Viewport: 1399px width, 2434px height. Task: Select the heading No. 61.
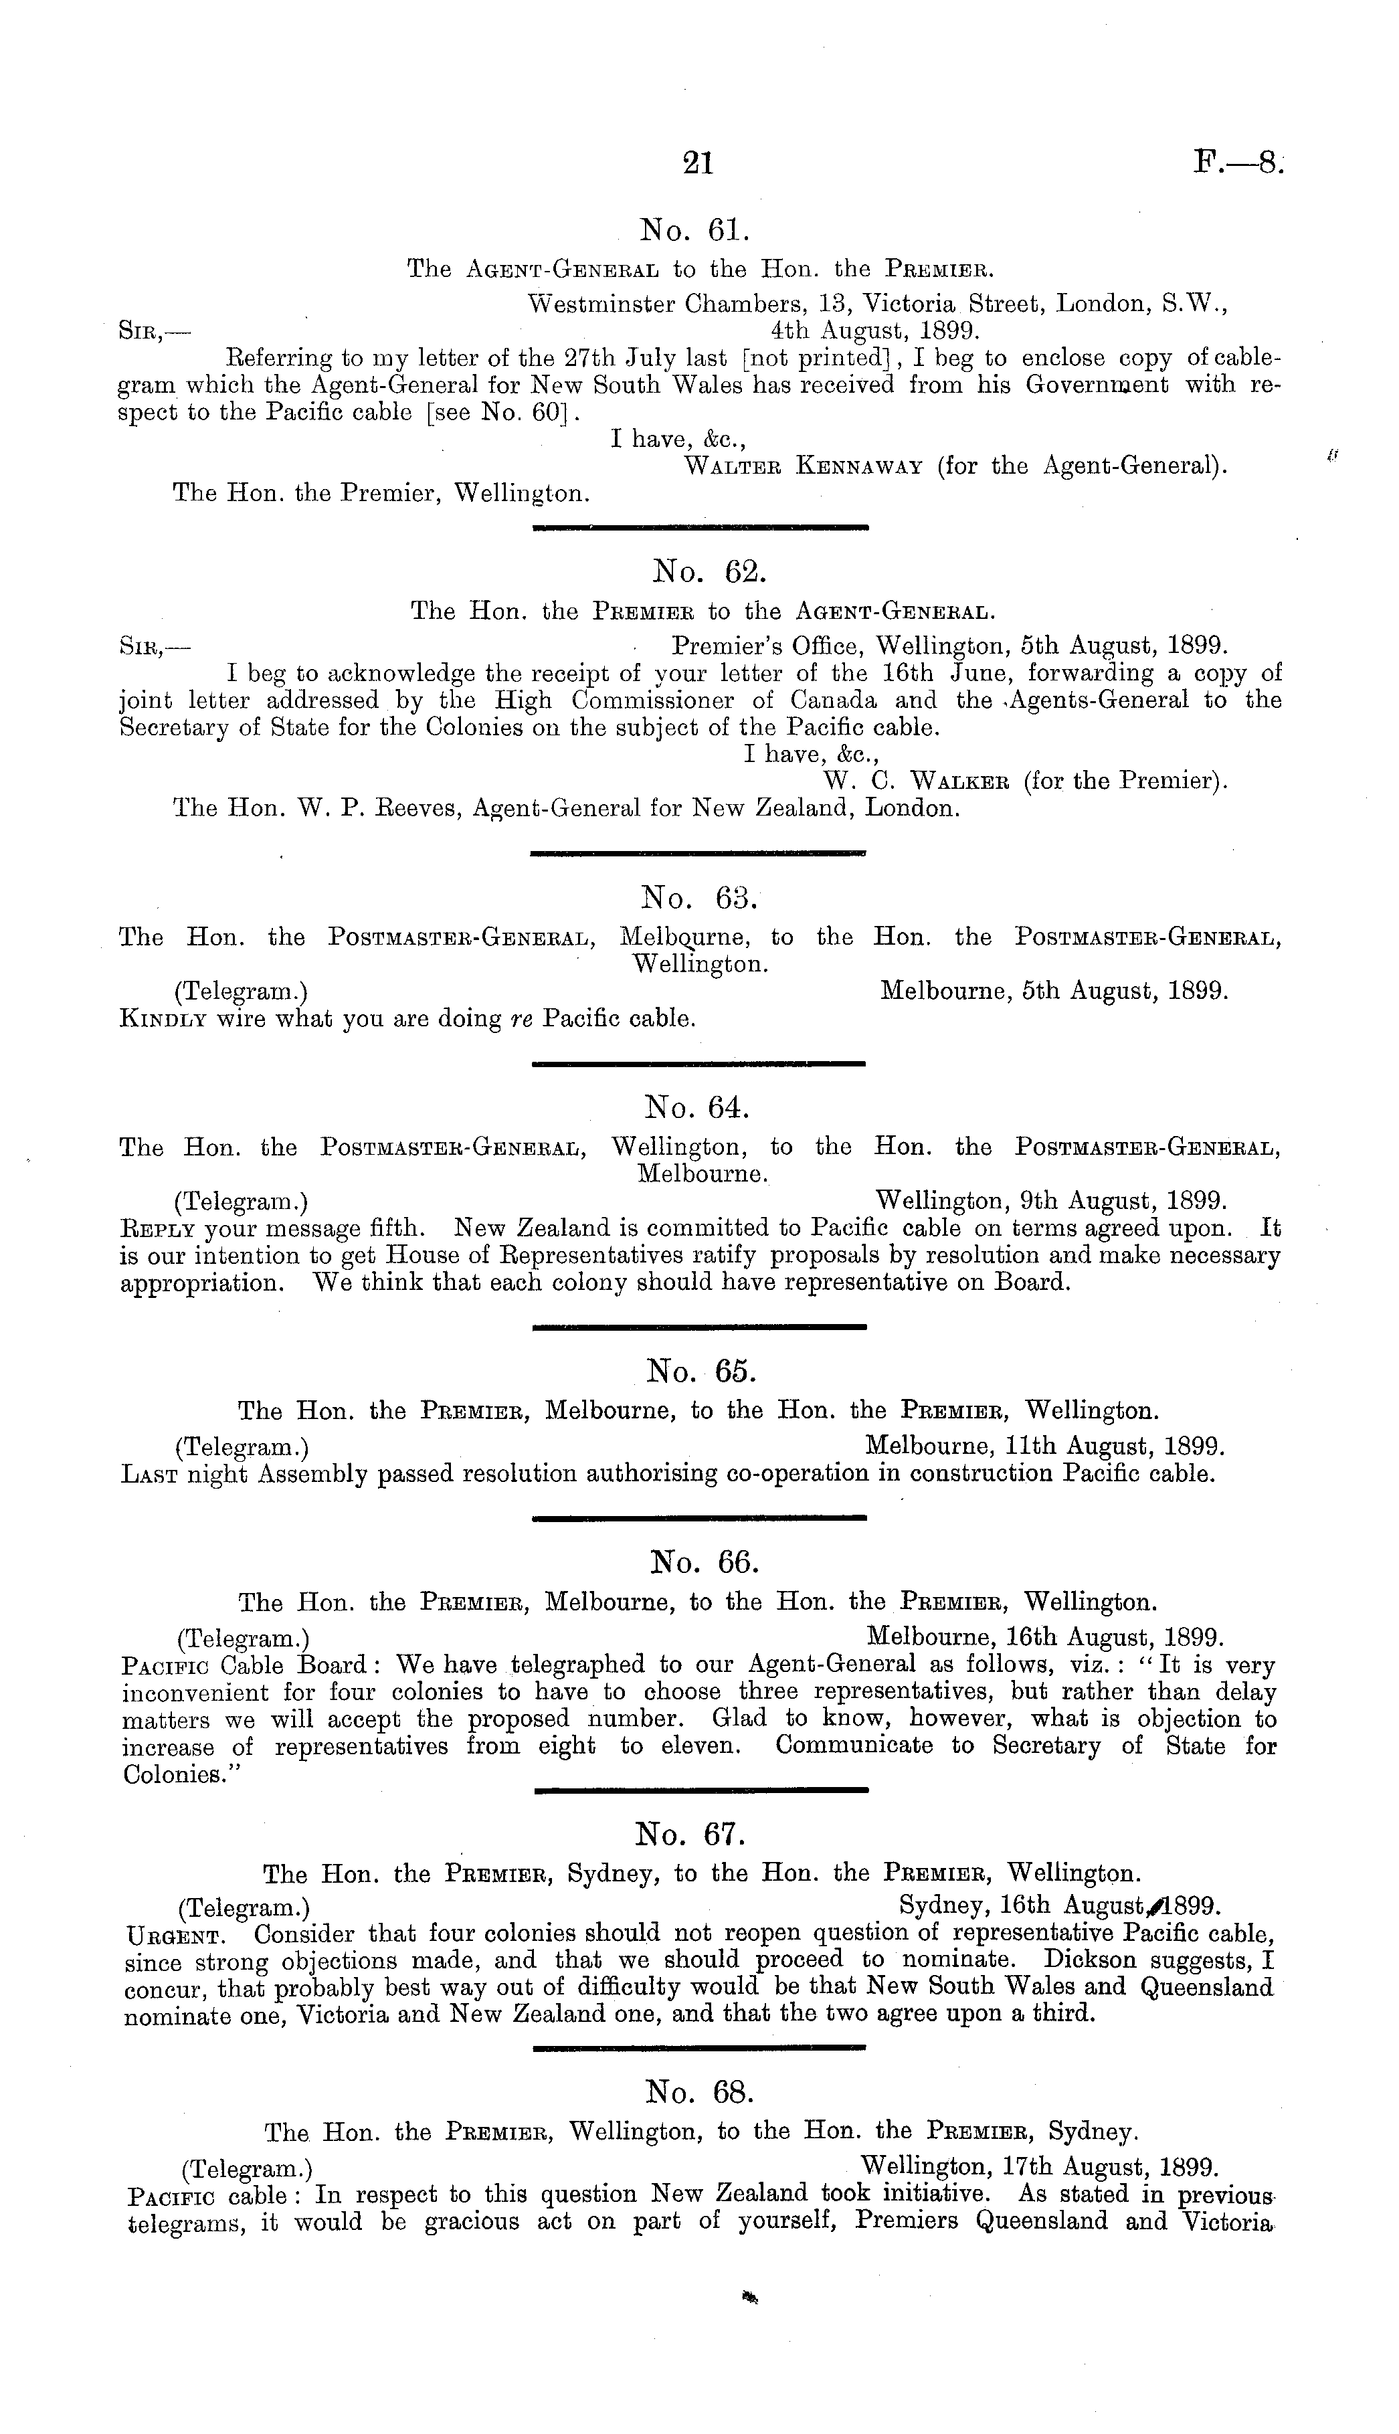pyautogui.click(x=692, y=231)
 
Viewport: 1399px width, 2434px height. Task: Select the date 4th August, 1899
pyautogui.click(x=872, y=331)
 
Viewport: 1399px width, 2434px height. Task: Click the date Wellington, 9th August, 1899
pyautogui.click(x=1050, y=1201)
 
